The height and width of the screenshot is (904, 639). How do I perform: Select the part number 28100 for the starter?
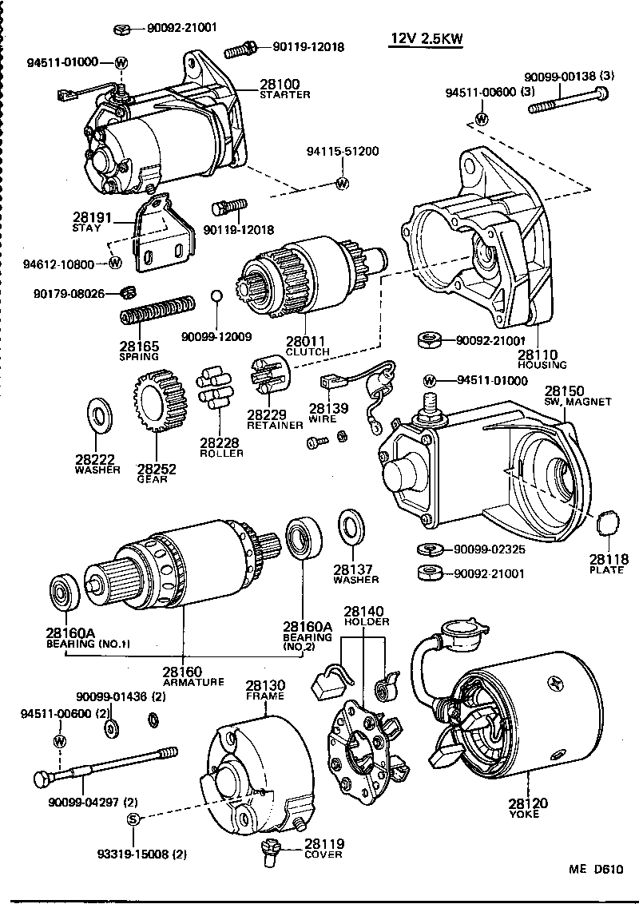[279, 84]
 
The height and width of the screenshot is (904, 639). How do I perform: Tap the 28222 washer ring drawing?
[100, 416]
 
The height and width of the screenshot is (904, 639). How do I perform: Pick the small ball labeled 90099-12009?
[216, 297]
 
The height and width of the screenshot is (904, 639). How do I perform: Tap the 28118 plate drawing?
[609, 524]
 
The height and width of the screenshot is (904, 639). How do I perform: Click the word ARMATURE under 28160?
[192, 682]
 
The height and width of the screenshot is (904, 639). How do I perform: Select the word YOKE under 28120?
[524, 814]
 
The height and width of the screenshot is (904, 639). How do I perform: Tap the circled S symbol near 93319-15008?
[134, 819]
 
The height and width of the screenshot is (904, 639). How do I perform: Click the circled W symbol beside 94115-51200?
[343, 184]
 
